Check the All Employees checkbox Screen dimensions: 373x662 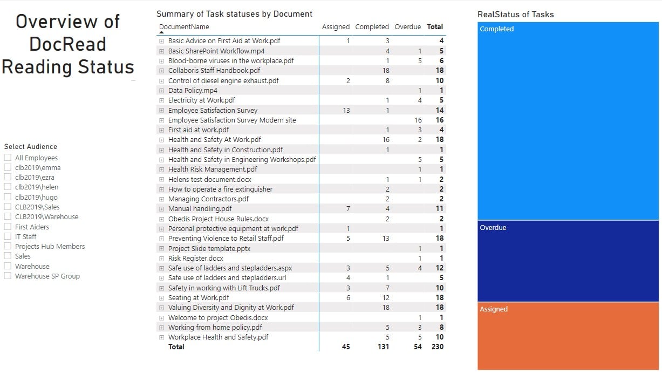click(8, 158)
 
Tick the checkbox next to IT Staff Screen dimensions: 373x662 click(8, 236)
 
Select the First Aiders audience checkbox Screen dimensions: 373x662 click(8, 227)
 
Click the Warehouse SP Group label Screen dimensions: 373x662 click(47, 276)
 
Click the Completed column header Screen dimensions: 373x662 click(372, 26)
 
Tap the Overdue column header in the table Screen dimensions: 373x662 click(407, 26)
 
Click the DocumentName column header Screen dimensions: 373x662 click(184, 26)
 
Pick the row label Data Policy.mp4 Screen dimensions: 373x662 click(193, 90)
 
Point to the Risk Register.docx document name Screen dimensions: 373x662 click(195, 258)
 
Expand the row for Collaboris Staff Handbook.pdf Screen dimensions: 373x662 click(161, 71)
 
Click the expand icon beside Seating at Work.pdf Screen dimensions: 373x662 click(161, 297)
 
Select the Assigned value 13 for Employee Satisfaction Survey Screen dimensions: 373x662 click(346, 110)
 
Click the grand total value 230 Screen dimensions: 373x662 click(437, 347)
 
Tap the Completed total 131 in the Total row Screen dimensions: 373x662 click(383, 347)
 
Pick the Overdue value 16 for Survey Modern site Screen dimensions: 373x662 click(418, 120)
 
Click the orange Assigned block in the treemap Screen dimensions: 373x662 click(568, 336)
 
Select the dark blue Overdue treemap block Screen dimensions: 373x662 click(568, 261)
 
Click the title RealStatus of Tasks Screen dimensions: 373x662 click(515, 15)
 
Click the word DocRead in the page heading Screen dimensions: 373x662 click(67, 44)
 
